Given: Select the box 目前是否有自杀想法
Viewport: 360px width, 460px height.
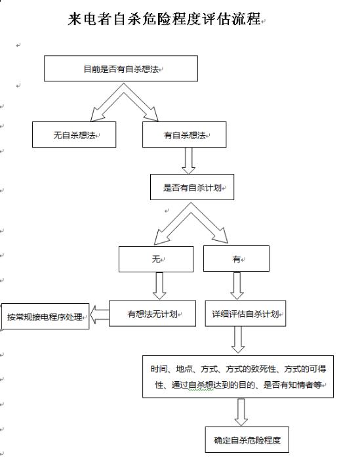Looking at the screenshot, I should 121,68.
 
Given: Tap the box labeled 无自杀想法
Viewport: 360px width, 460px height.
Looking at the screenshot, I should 74,135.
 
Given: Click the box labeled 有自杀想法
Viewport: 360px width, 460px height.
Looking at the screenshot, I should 184,135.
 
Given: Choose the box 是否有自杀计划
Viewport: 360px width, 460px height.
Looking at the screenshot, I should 192,187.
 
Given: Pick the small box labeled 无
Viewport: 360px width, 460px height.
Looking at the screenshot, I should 156,259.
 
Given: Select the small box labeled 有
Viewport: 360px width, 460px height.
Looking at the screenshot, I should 236,259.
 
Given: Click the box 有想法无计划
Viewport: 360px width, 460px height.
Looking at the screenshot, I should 152,313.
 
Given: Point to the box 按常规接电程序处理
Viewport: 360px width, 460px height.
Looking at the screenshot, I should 45,316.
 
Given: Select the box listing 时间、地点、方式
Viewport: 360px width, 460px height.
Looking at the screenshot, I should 237,376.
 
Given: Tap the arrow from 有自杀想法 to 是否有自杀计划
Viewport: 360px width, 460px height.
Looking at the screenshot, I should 189,160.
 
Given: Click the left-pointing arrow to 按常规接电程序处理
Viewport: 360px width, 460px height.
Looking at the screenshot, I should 99,315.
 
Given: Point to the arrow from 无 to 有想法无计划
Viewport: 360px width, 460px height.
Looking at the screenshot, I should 157,285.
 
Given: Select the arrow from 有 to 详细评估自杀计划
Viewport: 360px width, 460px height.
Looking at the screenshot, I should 237,285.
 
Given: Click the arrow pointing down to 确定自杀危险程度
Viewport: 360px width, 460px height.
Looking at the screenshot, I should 241,411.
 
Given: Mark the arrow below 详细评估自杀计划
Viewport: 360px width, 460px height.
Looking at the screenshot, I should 237,339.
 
